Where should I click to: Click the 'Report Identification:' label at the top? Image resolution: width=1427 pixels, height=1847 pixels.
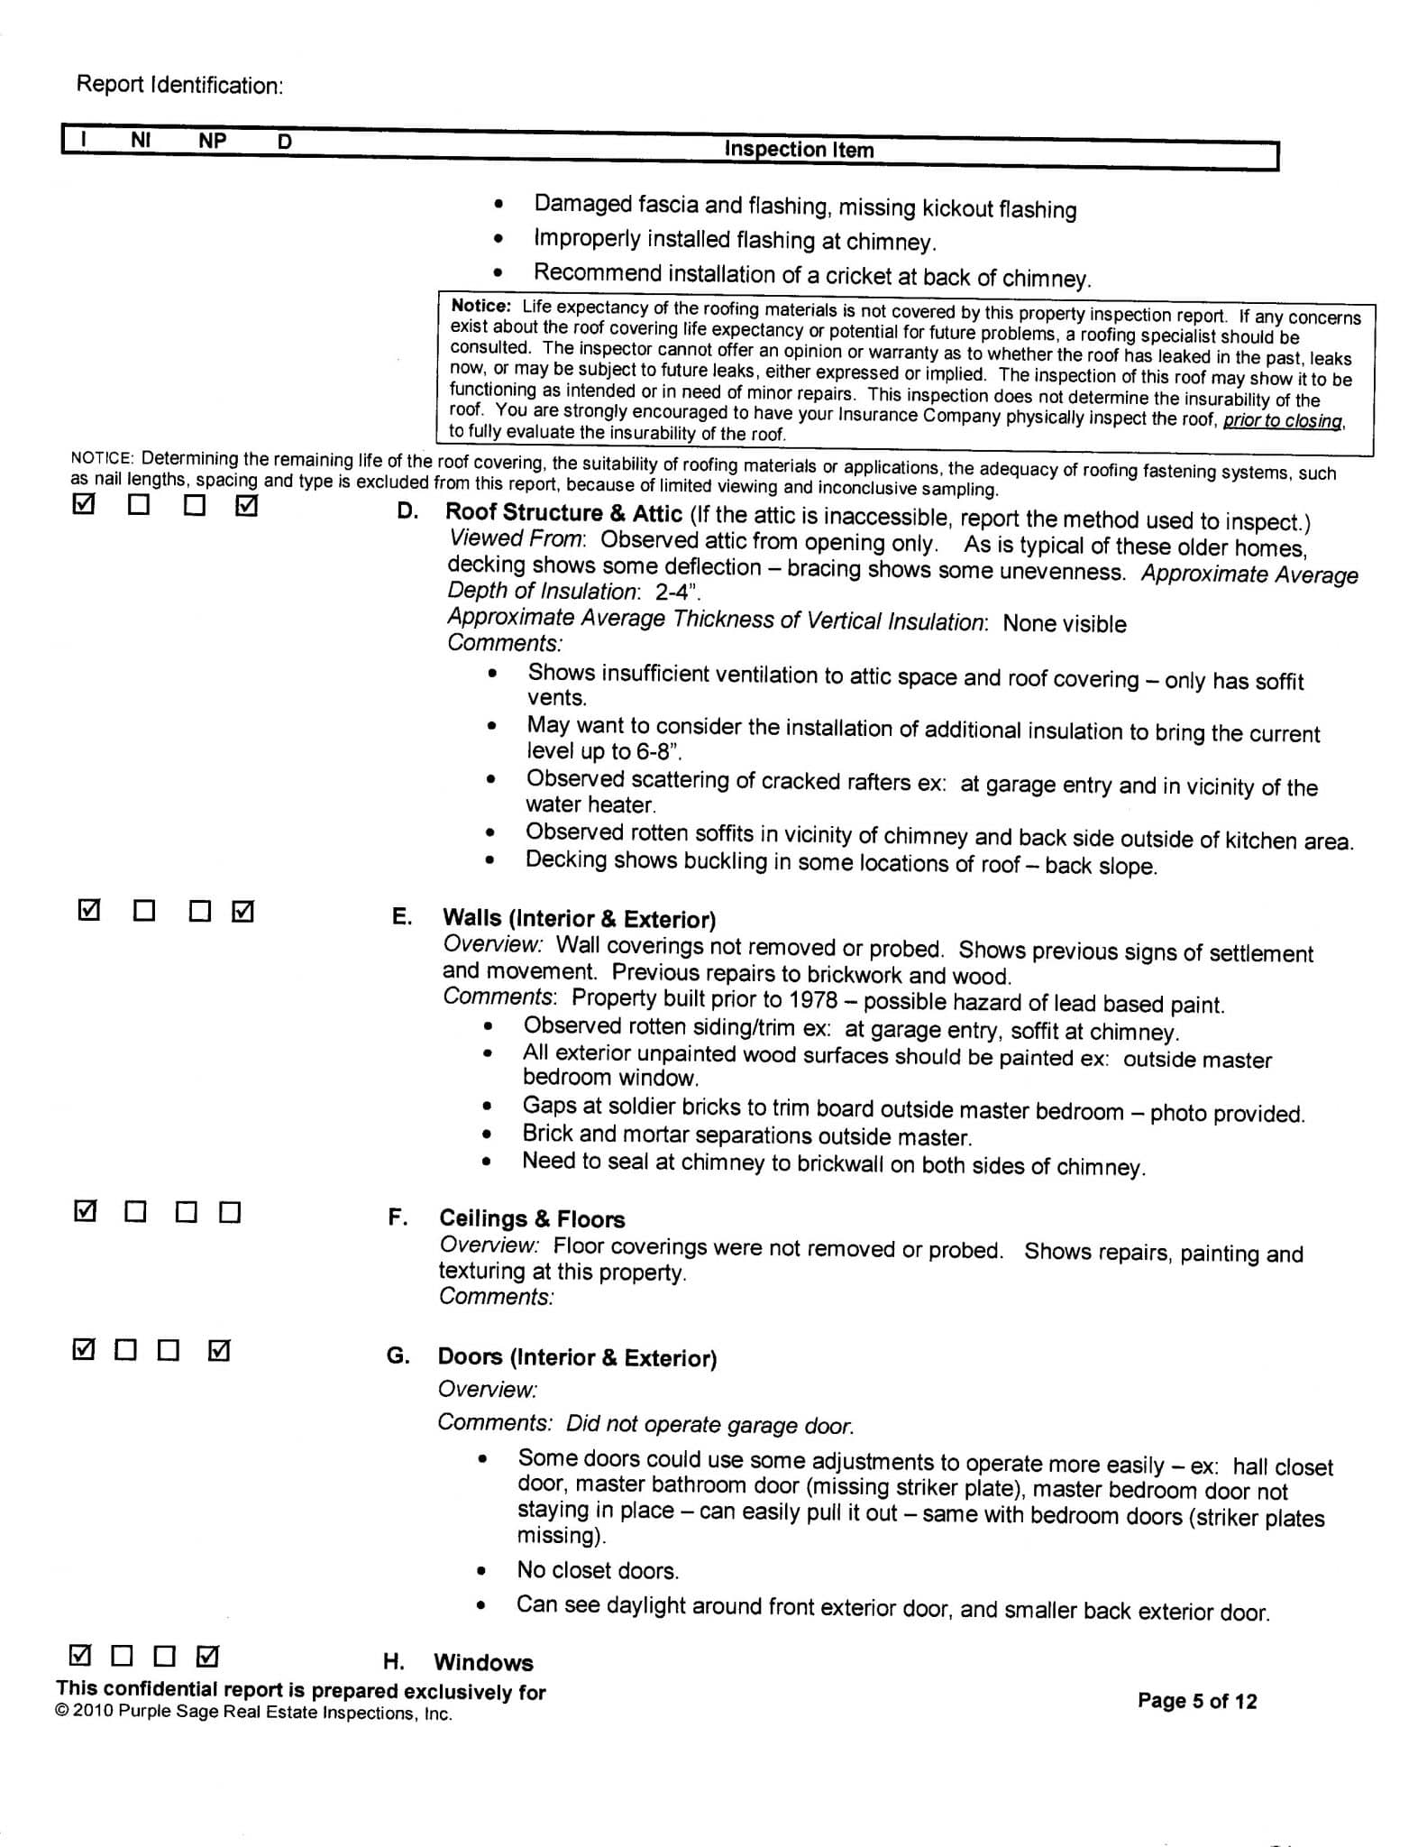[179, 85]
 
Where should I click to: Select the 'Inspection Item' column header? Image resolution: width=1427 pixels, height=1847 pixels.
[799, 150]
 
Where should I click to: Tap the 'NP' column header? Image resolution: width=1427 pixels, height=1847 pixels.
[213, 141]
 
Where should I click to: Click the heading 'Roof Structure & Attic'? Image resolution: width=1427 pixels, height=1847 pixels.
[563, 513]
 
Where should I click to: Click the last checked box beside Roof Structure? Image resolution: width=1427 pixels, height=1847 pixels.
[245, 507]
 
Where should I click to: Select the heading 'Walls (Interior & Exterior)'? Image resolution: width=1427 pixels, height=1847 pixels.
[579, 919]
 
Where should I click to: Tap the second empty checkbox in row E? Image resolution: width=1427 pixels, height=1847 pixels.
[200, 912]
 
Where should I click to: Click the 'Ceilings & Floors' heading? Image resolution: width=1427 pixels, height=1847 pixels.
[532, 1219]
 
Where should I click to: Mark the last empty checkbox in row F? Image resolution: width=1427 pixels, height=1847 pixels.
[231, 1213]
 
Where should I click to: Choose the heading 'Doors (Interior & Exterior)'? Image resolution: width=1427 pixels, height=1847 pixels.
[577, 1357]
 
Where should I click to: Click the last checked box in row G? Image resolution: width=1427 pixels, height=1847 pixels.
[219, 1351]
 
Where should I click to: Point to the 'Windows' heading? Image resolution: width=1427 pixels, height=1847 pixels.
[483, 1662]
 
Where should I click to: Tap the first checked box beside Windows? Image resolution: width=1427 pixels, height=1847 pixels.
[80, 1656]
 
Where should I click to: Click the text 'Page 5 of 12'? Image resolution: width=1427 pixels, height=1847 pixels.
[1196, 1701]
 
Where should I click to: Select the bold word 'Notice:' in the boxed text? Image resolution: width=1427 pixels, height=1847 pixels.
[481, 307]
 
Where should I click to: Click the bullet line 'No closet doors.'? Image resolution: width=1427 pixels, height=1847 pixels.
[598, 1570]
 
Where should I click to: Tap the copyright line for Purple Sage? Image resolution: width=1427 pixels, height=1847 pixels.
[253, 1714]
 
